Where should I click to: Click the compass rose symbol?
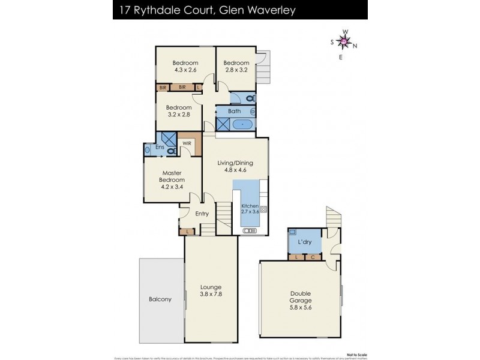click(344, 41)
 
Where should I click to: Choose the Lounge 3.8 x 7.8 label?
click(211, 290)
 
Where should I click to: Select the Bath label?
click(235, 111)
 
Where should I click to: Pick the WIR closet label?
click(187, 143)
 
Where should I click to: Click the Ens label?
click(160, 147)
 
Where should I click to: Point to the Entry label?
click(202, 214)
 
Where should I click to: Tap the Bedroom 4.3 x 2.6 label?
click(185, 66)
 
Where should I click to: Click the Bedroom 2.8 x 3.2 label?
click(236, 66)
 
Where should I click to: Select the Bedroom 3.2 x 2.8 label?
click(179, 111)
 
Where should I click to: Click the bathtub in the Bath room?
click(243, 125)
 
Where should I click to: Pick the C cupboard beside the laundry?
click(313, 258)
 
